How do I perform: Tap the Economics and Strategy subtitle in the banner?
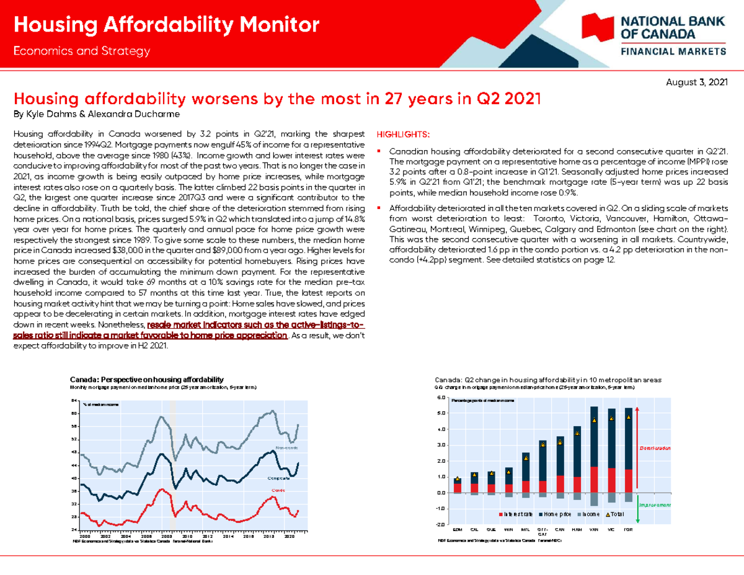click(x=82, y=51)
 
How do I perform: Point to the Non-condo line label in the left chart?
click(x=286, y=447)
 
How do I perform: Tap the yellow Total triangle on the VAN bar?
click(x=594, y=420)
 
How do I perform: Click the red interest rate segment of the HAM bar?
click(x=577, y=484)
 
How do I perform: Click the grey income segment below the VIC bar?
click(x=611, y=497)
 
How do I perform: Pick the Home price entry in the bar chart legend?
click(x=559, y=514)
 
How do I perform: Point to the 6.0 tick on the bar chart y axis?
click(x=441, y=398)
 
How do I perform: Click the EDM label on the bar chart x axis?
click(x=457, y=529)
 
